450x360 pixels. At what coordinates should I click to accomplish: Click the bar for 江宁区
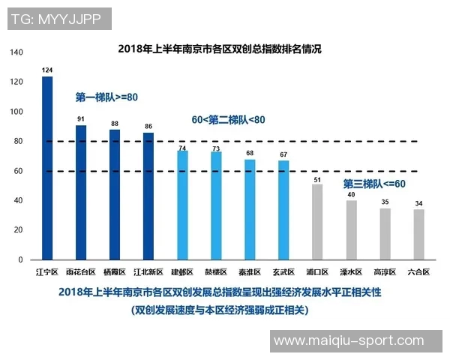(47, 168)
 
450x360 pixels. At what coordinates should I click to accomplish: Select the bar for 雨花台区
(81, 193)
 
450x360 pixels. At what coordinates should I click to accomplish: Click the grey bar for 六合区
(418, 235)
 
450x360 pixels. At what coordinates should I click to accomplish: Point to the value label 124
(47, 70)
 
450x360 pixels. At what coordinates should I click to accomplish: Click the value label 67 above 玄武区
(283, 155)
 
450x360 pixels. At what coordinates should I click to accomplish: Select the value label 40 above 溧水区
(351, 195)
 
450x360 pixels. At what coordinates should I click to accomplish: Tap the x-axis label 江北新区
(148, 272)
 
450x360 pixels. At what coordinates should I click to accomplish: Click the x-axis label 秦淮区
(250, 272)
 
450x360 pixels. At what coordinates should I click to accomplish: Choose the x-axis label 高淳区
(385, 272)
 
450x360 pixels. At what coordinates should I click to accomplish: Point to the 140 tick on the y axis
(16, 52)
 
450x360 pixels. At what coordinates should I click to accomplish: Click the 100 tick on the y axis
(16, 112)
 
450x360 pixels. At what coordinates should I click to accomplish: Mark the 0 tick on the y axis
(21, 259)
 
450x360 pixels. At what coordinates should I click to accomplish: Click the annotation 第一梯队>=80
(106, 97)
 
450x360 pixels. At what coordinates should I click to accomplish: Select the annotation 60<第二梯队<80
(229, 119)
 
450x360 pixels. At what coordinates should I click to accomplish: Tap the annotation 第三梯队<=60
(374, 184)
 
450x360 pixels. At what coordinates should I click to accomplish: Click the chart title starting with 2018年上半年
(220, 49)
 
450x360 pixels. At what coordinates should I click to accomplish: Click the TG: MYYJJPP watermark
(57, 19)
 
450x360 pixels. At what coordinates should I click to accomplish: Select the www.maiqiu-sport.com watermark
(349, 341)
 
